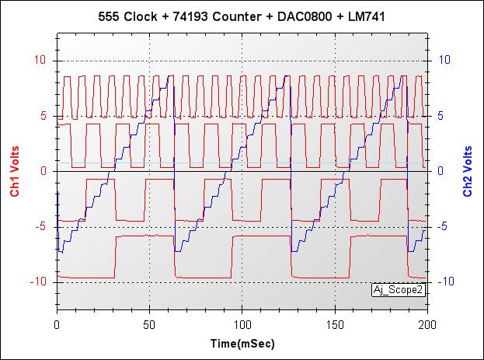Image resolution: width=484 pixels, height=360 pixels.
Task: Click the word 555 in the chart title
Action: [x=111, y=16]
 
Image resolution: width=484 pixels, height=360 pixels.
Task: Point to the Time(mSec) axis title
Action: [x=242, y=343]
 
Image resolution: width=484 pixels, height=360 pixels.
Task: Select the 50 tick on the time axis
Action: [x=150, y=323]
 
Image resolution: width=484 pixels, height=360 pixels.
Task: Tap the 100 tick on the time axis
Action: [x=242, y=323]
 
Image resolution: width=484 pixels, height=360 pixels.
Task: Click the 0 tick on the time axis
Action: [x=57, y=323]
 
